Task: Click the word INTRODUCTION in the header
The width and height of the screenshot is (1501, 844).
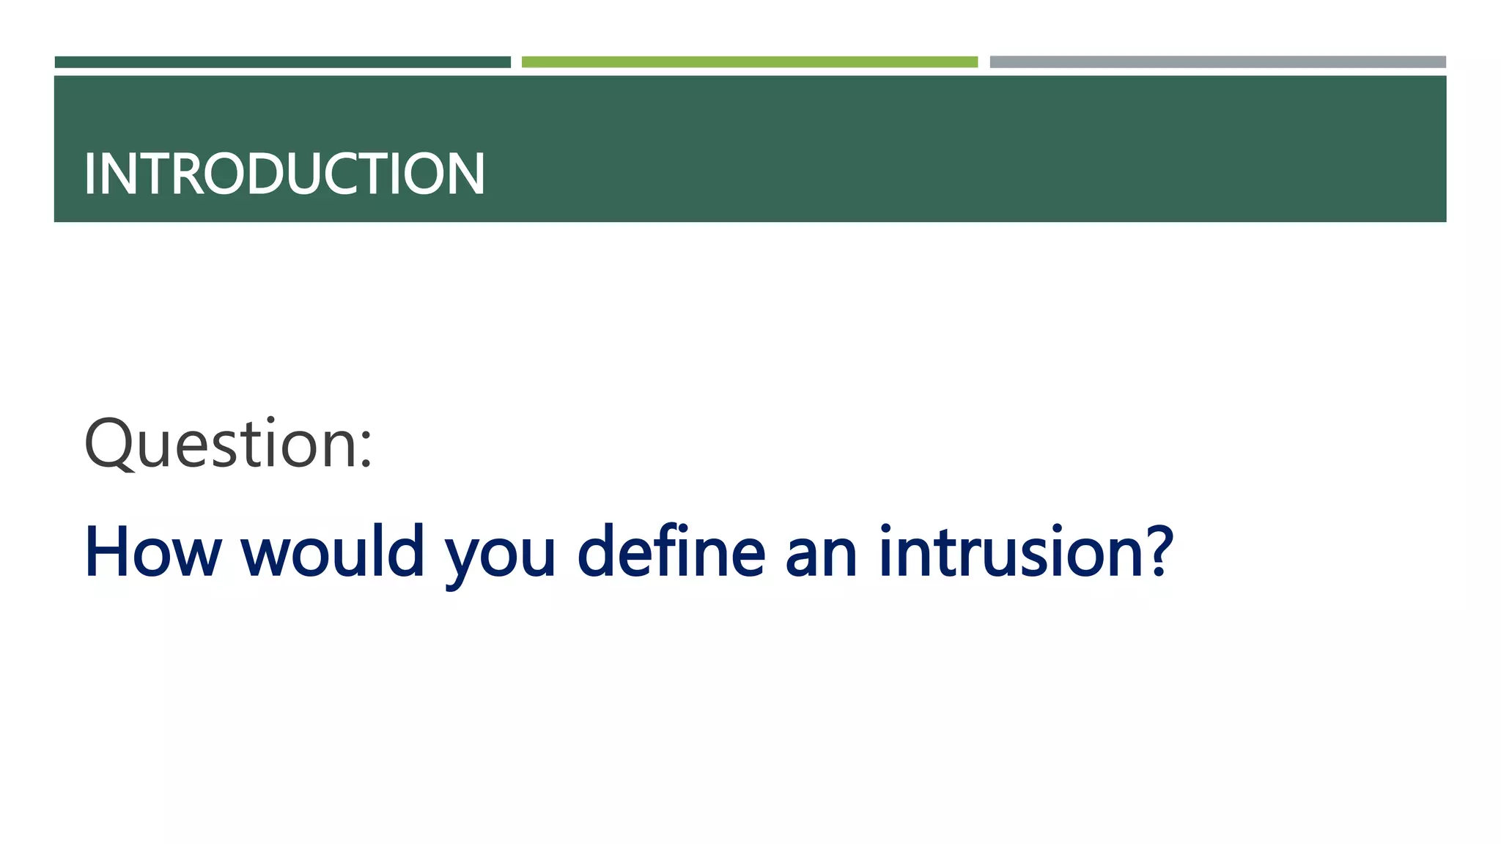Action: [x=284, y=174]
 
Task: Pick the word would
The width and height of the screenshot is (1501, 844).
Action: [x=333, y=552]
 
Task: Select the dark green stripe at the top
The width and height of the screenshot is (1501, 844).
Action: [x=283, y=62]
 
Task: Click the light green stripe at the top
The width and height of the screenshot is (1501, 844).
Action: [x=750, y=62]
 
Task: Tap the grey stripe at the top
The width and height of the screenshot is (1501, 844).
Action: [x=1217, y=62]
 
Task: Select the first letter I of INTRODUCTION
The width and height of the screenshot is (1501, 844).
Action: [x=89, y=174]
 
